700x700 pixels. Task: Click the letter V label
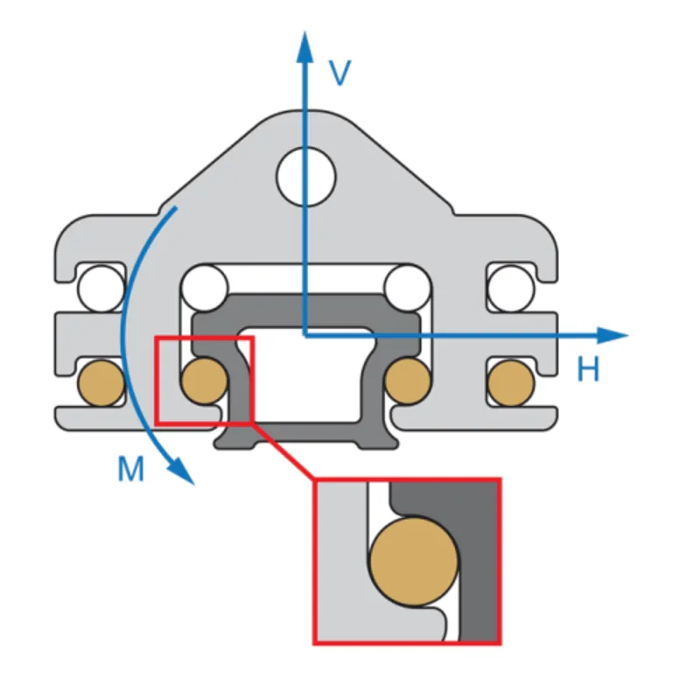coord(339,73)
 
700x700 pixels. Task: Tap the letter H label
coord(588,371)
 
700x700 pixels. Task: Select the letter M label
coord(130,470)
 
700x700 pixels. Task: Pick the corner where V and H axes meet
coord(304,334)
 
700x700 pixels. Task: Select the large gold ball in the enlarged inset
coord(414,560)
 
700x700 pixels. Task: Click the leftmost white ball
coord(101,287)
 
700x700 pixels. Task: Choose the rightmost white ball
coord(510,287)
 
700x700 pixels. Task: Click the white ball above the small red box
coord(204,287)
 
